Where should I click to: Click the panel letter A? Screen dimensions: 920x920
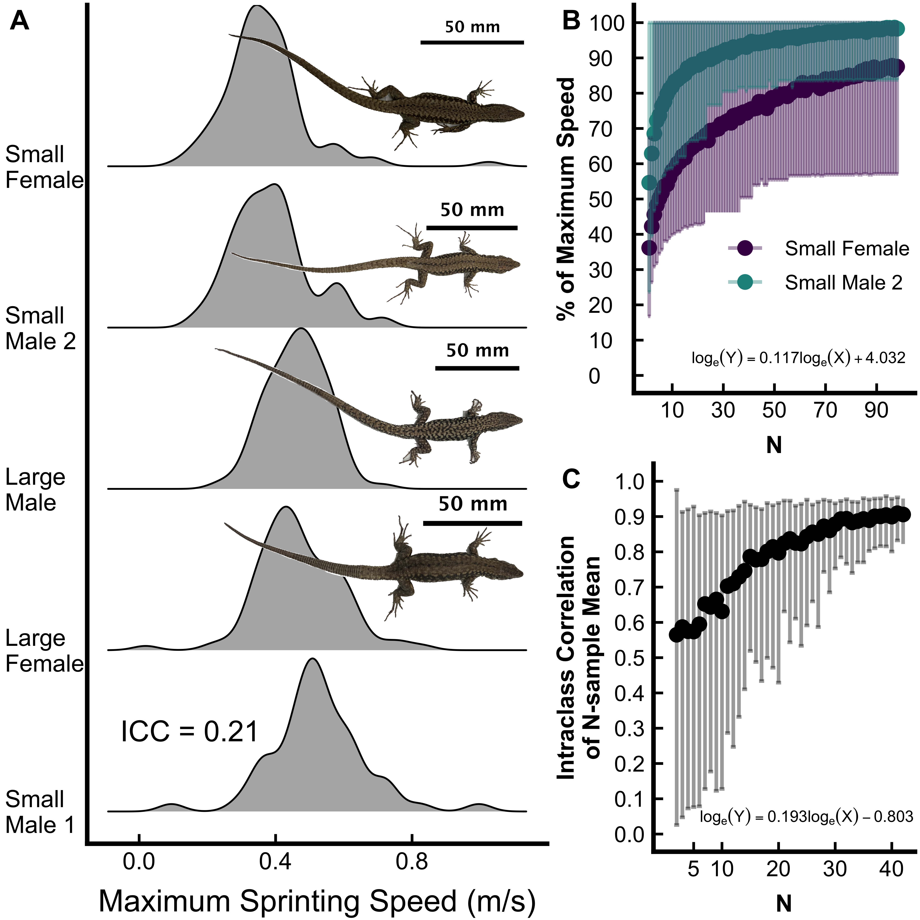pyautogui.click(x=19, y=21)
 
